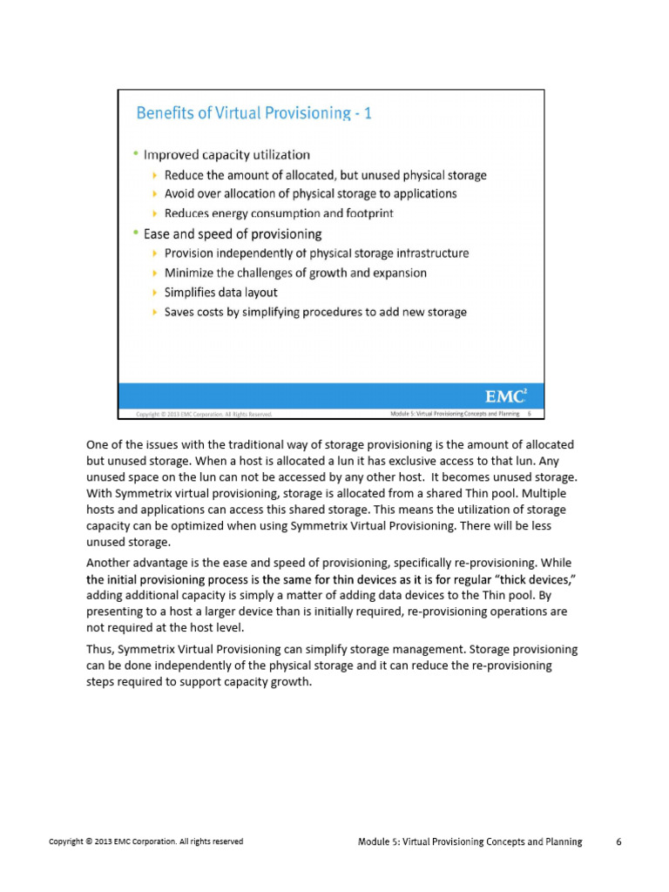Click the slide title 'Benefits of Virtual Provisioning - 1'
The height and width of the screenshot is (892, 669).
click(x=253, y=113)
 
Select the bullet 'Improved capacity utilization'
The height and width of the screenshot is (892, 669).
click(x=226, y=155)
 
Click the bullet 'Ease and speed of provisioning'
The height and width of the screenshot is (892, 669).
click(x=233, y=233)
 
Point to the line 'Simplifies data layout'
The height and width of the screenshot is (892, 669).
click(x=221, y=293)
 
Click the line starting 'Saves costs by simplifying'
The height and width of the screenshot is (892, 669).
click(x=315, y=312)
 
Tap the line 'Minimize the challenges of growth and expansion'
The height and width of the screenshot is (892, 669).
click(x=295, y=273)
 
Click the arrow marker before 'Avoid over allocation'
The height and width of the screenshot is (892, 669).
click(x=155, y=194)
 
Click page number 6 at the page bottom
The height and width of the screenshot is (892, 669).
click(x=618, y=841)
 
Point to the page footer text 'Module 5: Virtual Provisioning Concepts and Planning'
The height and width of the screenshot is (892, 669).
click(x=470, y=841)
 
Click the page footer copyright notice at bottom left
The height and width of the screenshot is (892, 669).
click(x=145, y=841)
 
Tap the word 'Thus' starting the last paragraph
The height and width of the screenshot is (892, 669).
click(x=99, y=651)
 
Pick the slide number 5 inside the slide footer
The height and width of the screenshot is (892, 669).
click(x=530, y=413)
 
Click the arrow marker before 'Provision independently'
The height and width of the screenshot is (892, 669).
click(x=155, y=253)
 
